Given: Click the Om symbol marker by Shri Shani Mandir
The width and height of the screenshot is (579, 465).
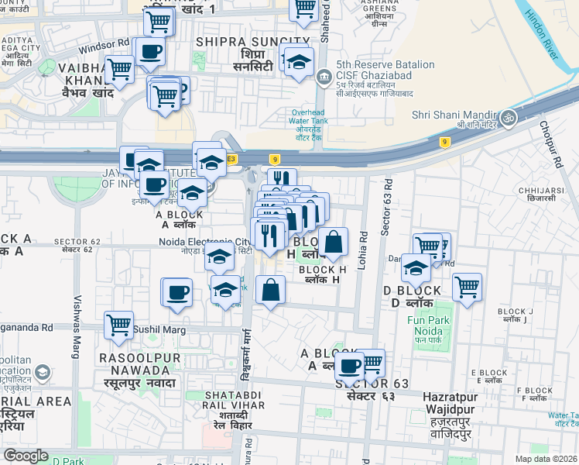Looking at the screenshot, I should click(x=509, y=118).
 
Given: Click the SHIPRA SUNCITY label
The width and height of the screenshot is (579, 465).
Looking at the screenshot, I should click(x=253, y=41).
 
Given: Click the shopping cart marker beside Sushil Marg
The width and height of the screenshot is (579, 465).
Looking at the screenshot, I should click(x=118, y=325).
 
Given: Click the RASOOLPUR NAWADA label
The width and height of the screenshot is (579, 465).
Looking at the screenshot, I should click(x=139, y=359).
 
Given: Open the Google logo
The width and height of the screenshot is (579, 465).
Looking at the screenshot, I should click(x=26, y=456).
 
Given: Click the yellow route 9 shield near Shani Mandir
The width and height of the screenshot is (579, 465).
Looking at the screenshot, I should click(x=444, y=142).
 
